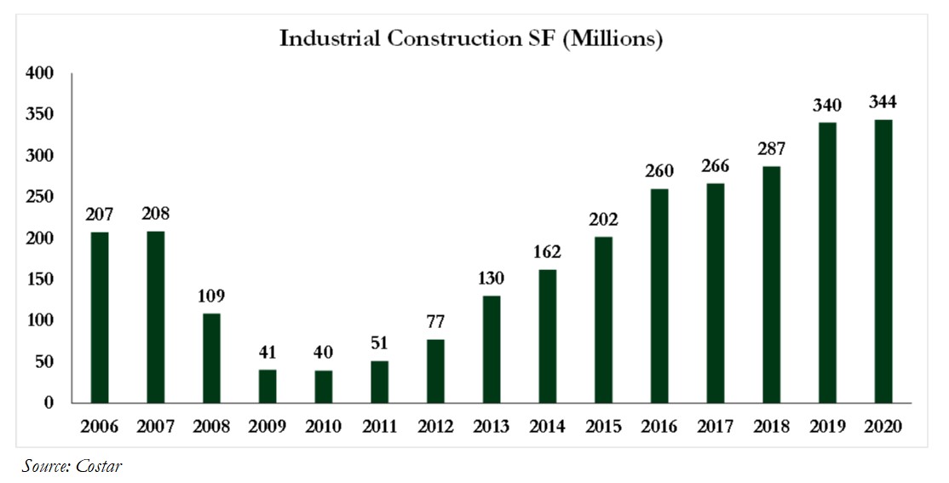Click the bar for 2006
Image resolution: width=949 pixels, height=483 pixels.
(100, 317)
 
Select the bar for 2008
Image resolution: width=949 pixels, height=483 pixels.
(211, 358)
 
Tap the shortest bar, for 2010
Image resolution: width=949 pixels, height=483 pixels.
(324, 386)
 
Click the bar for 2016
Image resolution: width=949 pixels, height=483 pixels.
(659, 296)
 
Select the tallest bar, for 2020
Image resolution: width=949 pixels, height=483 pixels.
(883, 261)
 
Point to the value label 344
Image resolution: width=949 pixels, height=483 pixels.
(883, 103)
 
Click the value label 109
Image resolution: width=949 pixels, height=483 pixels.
(211, 297)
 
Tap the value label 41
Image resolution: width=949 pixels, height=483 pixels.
(267, 353)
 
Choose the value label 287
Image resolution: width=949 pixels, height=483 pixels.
(771, 150)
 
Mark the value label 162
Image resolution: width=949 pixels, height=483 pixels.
(547, 253)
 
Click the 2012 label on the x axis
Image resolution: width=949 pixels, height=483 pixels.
(435, 427)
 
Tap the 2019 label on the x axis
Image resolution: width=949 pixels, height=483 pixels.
(826, 427)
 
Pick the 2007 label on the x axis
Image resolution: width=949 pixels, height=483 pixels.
(155, 427)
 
